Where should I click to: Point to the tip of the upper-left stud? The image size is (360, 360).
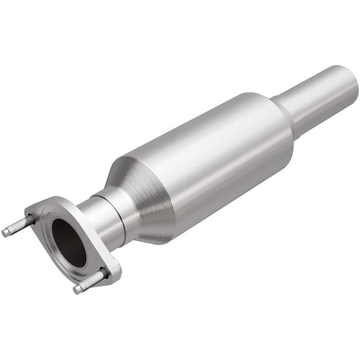[5, 233]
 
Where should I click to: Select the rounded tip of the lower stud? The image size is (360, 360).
[76, 290]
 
